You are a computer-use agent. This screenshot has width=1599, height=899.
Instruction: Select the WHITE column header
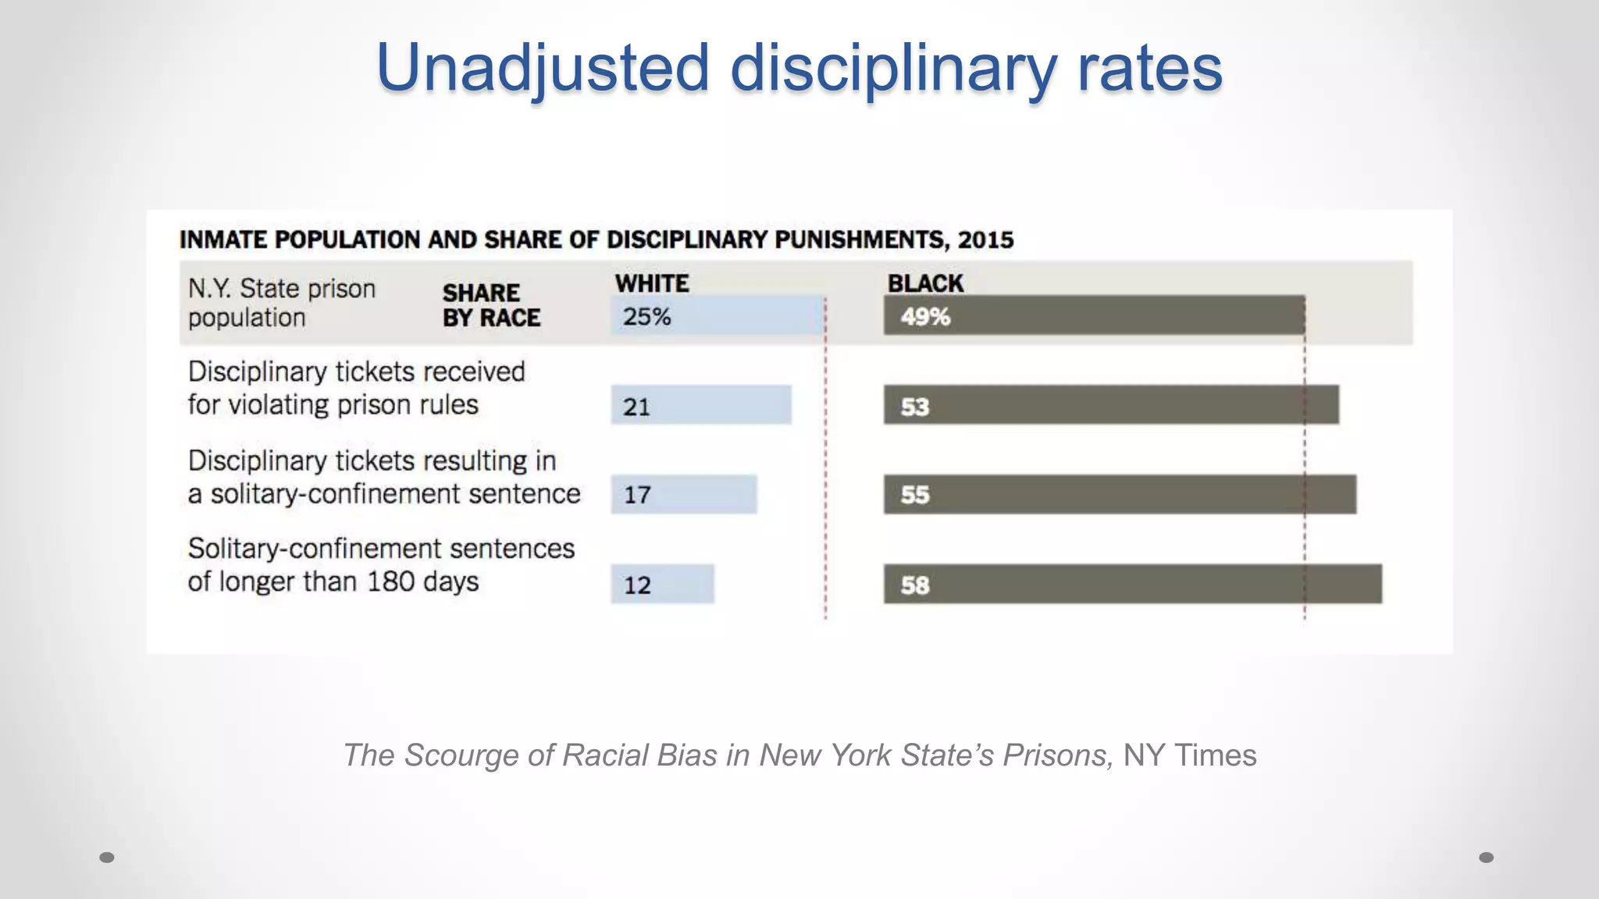tap(652, 283)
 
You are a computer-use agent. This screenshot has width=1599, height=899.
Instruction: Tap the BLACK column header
tap(925, 283)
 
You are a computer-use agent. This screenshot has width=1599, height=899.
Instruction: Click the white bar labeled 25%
tap(717, 316)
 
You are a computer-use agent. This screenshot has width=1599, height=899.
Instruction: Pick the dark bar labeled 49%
tap(1093, 316)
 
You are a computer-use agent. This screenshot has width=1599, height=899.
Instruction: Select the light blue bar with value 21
tap(700, 405)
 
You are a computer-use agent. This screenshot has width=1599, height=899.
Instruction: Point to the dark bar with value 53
tap(1110, 405)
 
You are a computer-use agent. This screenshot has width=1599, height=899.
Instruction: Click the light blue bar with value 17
tap(683, 494)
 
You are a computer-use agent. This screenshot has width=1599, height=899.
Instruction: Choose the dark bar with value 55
tap(1119, 494)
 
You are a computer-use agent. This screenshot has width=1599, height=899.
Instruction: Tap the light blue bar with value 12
tap(662, 584)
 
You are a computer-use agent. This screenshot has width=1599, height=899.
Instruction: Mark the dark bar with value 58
tap(1132, 584)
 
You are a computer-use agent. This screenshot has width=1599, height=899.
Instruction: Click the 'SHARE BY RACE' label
tap(491, 305)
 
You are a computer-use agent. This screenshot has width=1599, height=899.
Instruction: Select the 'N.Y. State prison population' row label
tap(281, 303)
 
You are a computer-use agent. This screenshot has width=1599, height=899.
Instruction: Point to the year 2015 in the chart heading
tap(985, 240)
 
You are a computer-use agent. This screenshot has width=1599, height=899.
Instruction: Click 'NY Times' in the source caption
tap(1189, 755)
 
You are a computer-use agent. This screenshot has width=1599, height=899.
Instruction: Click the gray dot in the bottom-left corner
tap(107, 858)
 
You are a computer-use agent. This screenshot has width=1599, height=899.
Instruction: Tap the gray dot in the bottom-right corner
tap(1487, 858)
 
